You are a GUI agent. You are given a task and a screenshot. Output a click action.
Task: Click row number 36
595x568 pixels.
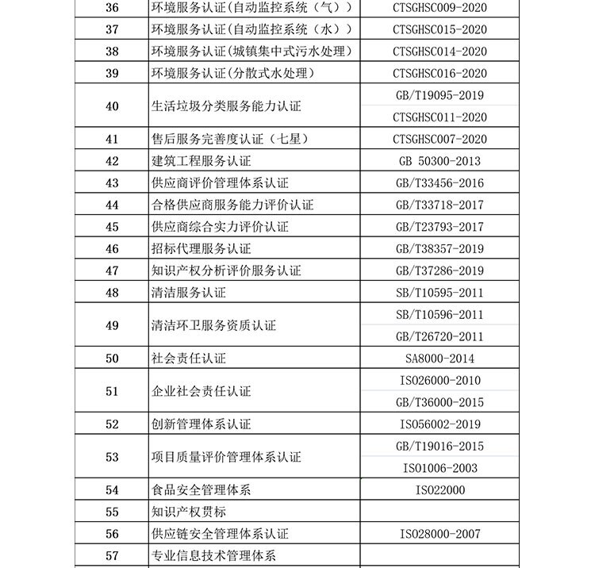point(112,8)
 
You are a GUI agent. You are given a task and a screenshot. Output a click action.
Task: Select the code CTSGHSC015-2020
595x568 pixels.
point(440,30)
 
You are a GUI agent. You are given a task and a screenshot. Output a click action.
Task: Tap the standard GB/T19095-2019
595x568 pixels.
point(440,95)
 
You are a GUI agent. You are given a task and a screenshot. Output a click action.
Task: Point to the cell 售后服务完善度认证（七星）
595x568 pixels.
point(229,140)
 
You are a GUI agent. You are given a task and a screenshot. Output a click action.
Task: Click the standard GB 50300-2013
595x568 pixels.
point(440,161)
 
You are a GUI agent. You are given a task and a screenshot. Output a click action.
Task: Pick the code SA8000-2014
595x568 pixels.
point(440,359)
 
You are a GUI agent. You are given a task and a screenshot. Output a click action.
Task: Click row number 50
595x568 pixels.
point(112,359)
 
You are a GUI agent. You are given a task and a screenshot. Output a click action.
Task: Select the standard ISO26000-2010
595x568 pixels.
point(440,381)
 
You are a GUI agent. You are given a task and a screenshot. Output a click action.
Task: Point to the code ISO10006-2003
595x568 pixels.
point(440,468)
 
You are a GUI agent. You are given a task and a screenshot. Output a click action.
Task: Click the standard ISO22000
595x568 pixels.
point(440,490)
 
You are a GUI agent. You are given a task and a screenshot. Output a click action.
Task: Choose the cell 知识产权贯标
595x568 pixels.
point(188,512)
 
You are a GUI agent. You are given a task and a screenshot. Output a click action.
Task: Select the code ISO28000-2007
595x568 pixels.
point(440,534)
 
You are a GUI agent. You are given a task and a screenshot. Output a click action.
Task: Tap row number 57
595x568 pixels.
point(112,556)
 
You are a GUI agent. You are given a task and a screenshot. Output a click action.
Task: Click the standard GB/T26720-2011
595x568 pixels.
point(440,336)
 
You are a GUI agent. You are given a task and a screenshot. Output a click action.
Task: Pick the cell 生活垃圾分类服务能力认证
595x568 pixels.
point(226,106)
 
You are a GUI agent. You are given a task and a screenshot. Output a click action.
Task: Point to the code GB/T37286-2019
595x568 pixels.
point(440,271)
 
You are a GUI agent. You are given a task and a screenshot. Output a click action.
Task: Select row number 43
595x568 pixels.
point(112,183)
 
